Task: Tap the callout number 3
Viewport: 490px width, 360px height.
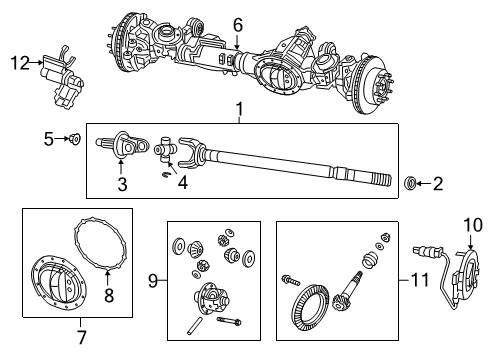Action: click(122, 183)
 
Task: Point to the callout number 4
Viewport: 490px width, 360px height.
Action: click(183, 184)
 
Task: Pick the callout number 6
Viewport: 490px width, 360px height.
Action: click(237, 24)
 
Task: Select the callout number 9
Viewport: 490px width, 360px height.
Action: click(152, 282)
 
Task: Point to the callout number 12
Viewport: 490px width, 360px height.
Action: click(19, 63)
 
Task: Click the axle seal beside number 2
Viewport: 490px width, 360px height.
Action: click(410, 183)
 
